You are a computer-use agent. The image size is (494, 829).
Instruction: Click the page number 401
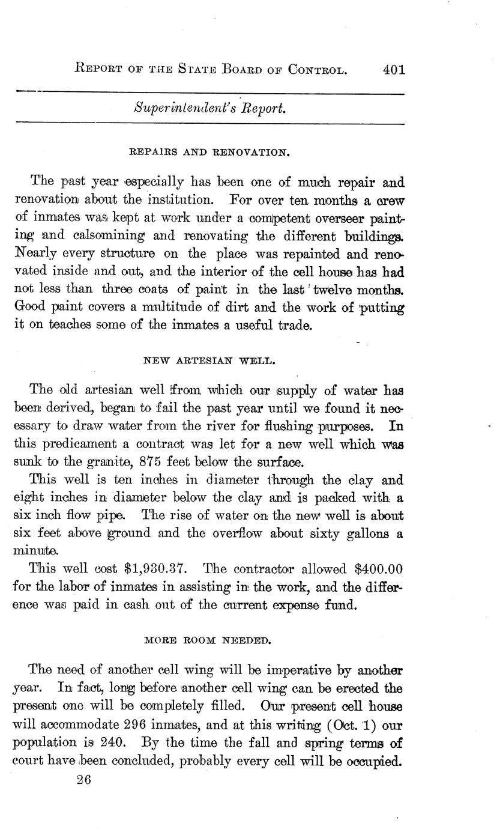click(x=393, y=70)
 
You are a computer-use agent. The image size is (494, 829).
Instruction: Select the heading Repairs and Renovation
click(x=210, y=153)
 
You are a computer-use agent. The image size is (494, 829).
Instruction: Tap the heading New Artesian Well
click(x=209, y=361)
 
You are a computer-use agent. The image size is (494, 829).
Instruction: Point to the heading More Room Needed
click(x=209, y=640)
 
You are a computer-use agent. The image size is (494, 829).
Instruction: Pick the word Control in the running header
click(x=318, y=70)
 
